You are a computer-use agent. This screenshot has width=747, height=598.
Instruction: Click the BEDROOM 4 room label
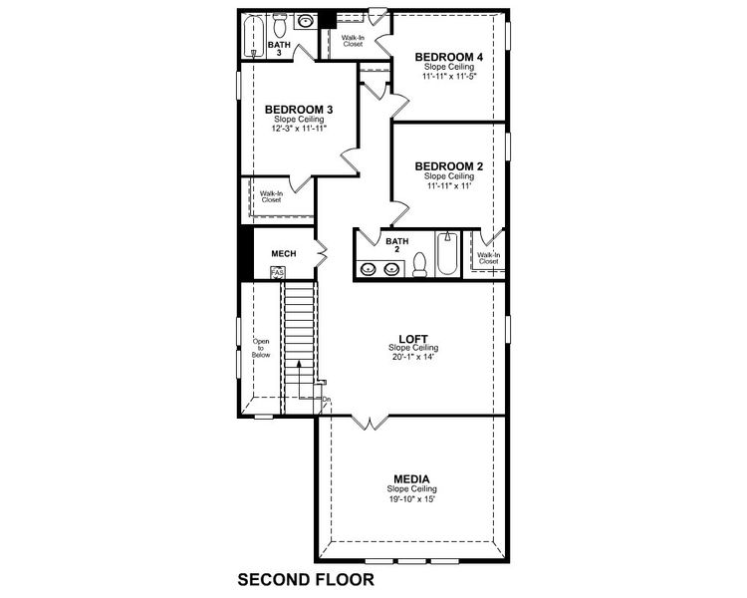451,57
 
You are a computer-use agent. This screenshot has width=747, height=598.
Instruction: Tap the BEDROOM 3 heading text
299,110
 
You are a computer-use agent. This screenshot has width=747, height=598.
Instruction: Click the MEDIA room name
412,478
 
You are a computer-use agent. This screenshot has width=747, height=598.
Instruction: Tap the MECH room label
284,253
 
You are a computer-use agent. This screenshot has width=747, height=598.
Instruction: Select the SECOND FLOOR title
305,578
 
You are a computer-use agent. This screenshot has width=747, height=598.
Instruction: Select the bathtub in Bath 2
448,256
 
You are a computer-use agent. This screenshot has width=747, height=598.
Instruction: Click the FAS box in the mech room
277,273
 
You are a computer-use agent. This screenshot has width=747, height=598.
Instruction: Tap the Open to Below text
261,347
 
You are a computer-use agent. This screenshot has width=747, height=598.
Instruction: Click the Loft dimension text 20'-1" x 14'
412,357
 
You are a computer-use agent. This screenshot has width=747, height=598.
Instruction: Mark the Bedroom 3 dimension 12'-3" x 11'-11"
299,129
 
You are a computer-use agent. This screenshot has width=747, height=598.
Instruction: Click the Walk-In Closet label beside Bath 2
488,258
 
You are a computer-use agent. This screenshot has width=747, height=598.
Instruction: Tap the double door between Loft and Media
370,423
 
